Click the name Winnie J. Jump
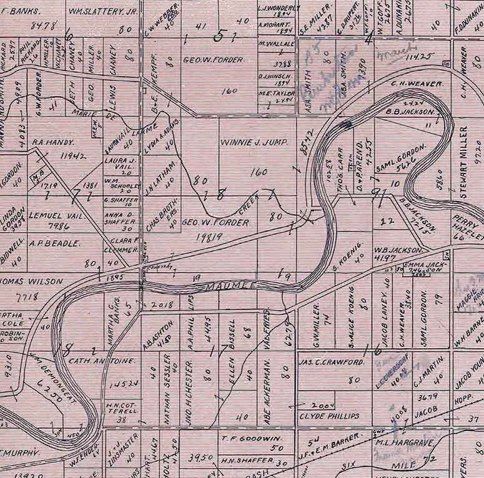click(x=254, y=142)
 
